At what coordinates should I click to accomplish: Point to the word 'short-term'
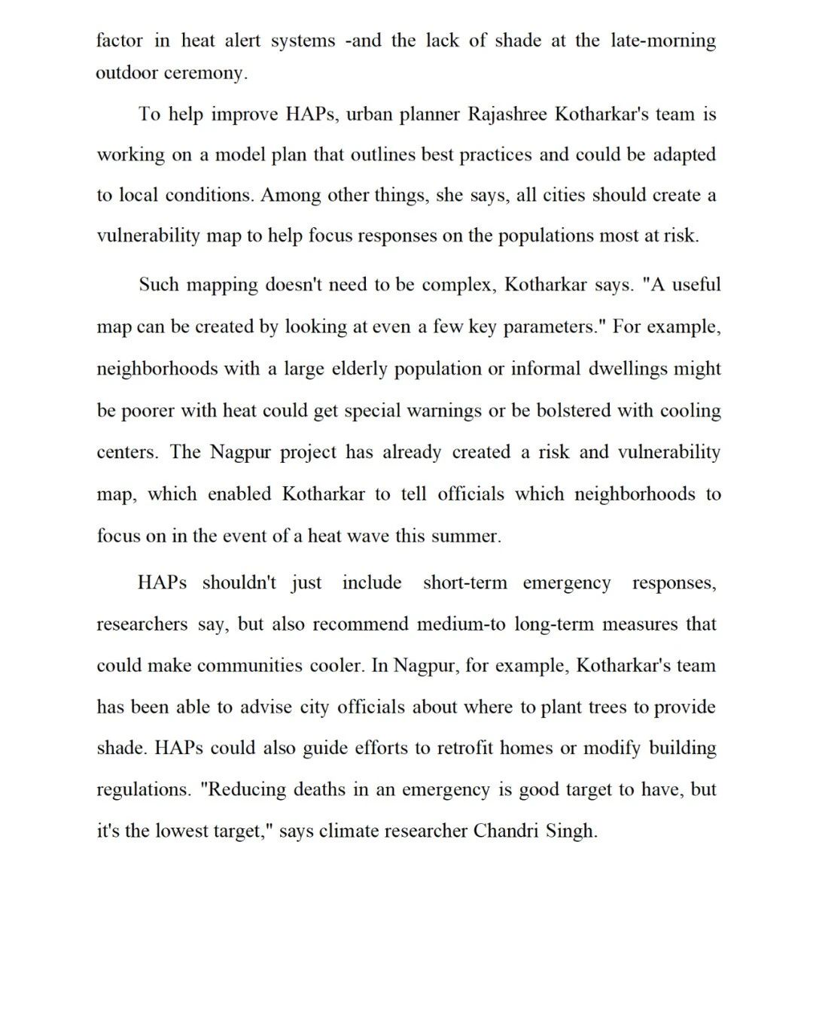click(x=464, y=583)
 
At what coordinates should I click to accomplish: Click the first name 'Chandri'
click(x=503, y=831)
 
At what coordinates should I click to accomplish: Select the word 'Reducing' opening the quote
click(x=244, y=790)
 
